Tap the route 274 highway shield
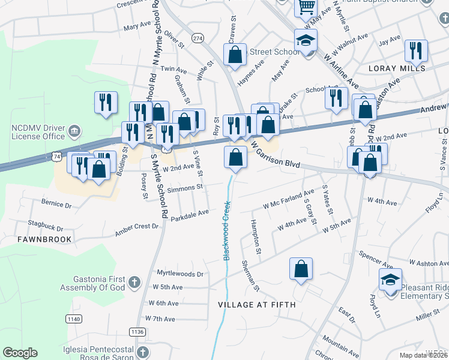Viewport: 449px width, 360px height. [197, 38]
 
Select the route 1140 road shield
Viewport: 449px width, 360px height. [74, 319]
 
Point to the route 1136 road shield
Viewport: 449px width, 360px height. [137, 331]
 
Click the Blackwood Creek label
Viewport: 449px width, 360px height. [227, 230]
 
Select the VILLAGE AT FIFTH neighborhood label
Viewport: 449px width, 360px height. [257, 305]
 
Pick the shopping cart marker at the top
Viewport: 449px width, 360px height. [306, 8]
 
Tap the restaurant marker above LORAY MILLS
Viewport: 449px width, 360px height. [416, 52]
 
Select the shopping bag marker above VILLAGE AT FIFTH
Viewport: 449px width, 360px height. [301, 269]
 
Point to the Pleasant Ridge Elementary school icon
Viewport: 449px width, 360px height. [390, 279]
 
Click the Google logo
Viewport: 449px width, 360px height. [20, 353]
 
